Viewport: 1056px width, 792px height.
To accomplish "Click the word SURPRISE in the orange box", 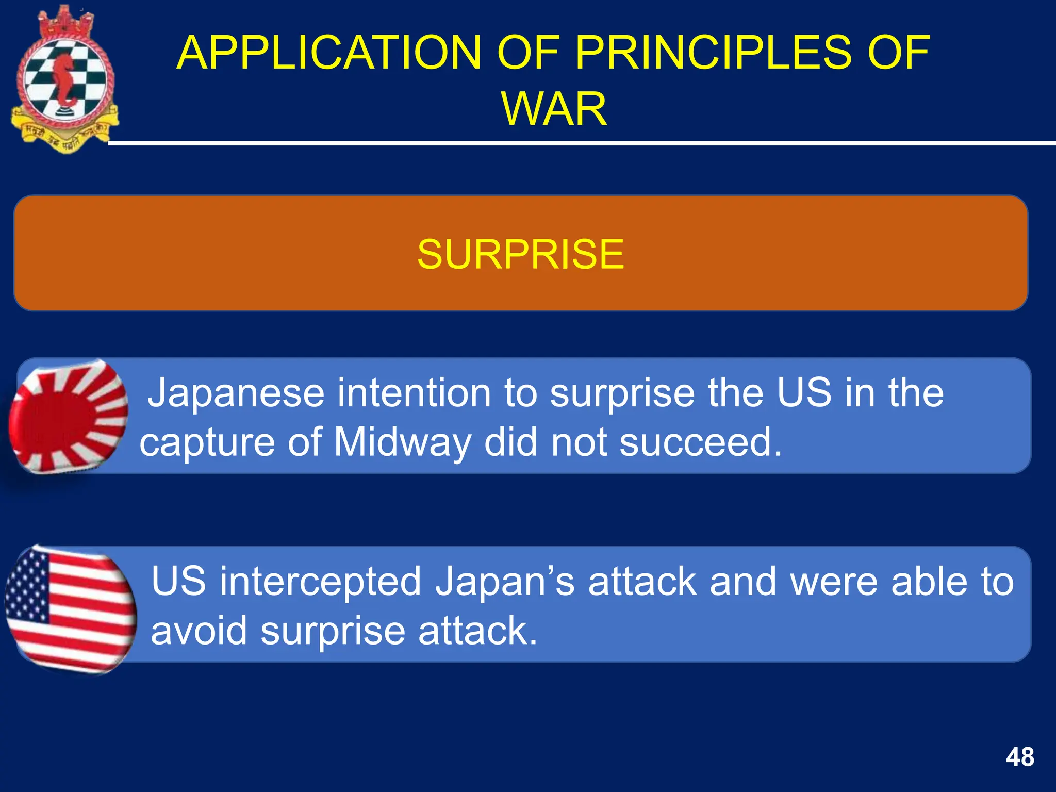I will coord(520,254).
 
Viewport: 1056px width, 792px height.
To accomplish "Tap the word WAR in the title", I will coord(554,109).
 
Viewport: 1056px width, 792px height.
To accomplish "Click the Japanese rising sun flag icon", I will coord(69,416).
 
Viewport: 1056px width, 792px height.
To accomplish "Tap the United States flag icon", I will coord(71,610).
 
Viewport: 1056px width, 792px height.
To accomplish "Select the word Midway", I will coord(402,442).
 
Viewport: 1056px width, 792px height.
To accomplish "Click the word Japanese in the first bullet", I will coord(236,393).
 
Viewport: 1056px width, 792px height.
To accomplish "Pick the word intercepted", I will coord(320,582).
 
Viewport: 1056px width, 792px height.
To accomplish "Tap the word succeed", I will coord(700,442).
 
